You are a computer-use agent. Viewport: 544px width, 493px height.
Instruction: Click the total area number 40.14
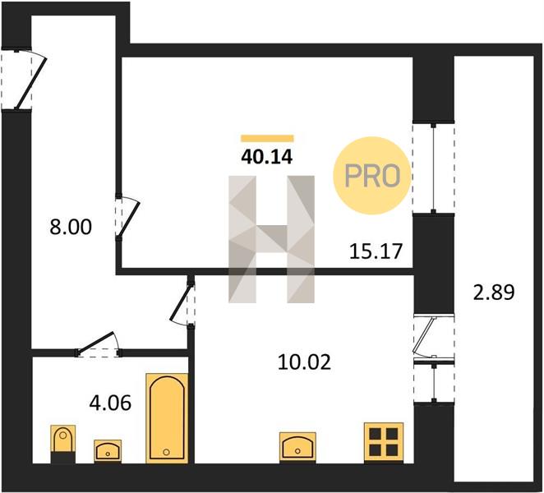[267, 157]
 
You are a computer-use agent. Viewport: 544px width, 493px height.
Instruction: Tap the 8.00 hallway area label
[71, 228]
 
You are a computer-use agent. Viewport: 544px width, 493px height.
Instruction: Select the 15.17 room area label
[376, 251]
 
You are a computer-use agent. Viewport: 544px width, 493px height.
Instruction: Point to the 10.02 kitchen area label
[304, 362]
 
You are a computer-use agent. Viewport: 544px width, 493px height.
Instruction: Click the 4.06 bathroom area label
[110, 403]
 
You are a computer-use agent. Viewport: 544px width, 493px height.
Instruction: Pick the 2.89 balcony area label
[494, 293]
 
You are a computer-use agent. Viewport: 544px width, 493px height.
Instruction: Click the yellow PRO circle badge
[372, 176]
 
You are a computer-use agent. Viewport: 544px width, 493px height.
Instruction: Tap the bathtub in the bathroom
[167, 418]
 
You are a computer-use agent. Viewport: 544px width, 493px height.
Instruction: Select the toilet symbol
[62, 444]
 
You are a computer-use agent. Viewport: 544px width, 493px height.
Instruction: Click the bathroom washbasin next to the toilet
[108, 451]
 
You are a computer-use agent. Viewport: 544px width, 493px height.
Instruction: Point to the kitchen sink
[297, 447]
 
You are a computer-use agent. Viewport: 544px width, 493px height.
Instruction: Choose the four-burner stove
[384, 442]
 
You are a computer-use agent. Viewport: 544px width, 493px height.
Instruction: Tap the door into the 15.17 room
[127, 217]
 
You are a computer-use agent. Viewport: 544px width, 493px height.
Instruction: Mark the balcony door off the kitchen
[434, 337]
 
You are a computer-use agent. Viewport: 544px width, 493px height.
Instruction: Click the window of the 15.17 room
[433, 168]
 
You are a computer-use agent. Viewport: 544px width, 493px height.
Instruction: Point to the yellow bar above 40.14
[267, 138]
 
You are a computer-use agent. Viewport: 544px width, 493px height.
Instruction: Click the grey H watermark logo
[271, 239]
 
